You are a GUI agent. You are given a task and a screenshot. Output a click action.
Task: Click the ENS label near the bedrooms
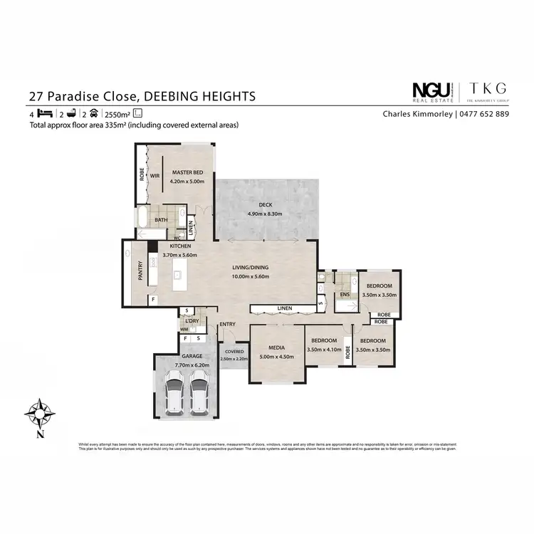343,294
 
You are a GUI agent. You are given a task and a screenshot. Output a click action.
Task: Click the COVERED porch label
234,352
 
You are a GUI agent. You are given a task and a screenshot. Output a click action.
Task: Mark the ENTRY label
228,325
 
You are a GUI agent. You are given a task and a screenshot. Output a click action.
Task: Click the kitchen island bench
179,273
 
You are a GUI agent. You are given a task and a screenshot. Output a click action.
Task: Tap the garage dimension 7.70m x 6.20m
188,363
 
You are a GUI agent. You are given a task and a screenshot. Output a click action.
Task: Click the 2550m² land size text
117,114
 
